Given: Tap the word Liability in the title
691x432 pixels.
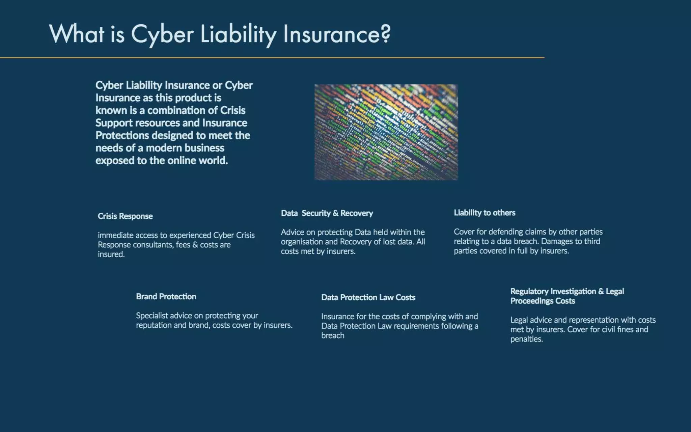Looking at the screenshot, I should pos(238,34).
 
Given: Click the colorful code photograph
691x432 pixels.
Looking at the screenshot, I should pos(386,132).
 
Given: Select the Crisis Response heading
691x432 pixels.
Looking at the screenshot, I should pos(125,216).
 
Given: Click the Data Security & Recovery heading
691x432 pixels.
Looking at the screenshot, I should pos(327,213).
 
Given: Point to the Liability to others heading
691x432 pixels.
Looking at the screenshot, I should pos(484,213).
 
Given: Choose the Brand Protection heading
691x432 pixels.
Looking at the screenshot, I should pos(166,296).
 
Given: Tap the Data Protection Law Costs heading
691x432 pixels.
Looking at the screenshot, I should pos(368,297).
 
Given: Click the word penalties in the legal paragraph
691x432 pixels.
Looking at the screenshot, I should pos(526,339).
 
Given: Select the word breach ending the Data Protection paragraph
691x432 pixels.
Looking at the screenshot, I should pos(333,335).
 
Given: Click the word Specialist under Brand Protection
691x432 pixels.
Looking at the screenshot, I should pos(151,316).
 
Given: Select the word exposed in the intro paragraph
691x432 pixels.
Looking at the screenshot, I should pos(115,160).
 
